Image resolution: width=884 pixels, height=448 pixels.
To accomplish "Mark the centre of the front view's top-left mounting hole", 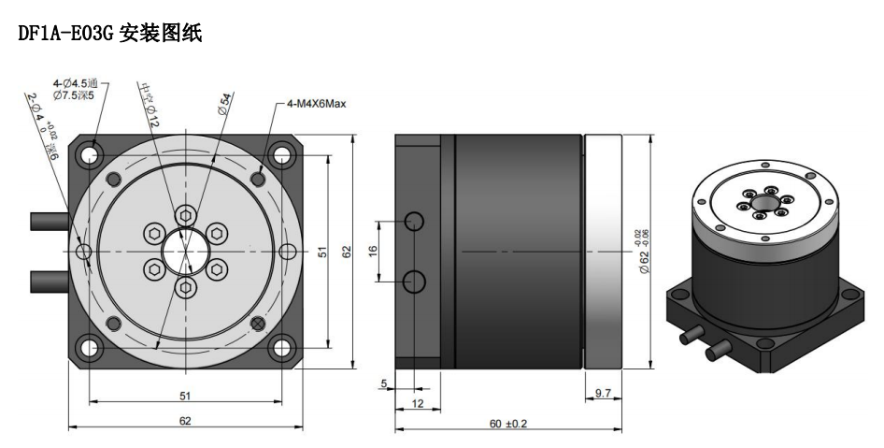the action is (91, 154).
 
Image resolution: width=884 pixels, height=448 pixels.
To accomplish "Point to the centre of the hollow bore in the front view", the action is (185, 252).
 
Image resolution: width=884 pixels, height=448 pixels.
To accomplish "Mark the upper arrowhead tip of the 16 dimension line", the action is (379, 222).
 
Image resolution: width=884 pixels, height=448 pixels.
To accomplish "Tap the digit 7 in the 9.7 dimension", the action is (607, 393).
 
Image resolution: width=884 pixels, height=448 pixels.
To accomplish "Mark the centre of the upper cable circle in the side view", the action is (415, 221).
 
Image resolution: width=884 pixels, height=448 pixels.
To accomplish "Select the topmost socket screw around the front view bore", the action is (185, 215).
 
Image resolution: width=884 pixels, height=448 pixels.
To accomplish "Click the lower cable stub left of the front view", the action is (50, 281).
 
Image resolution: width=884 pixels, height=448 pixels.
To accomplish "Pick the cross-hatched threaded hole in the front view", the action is (258, 324).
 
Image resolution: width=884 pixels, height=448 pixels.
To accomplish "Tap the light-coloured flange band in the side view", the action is (603, 252).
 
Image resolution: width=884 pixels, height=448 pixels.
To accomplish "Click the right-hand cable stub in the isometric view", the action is (719, 350).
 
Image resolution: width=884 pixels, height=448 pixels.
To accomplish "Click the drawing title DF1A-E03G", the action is (66, 34).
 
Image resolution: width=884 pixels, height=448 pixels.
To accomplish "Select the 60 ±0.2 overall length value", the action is (508, 423).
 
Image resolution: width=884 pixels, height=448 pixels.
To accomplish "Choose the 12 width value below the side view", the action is (417, 403).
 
